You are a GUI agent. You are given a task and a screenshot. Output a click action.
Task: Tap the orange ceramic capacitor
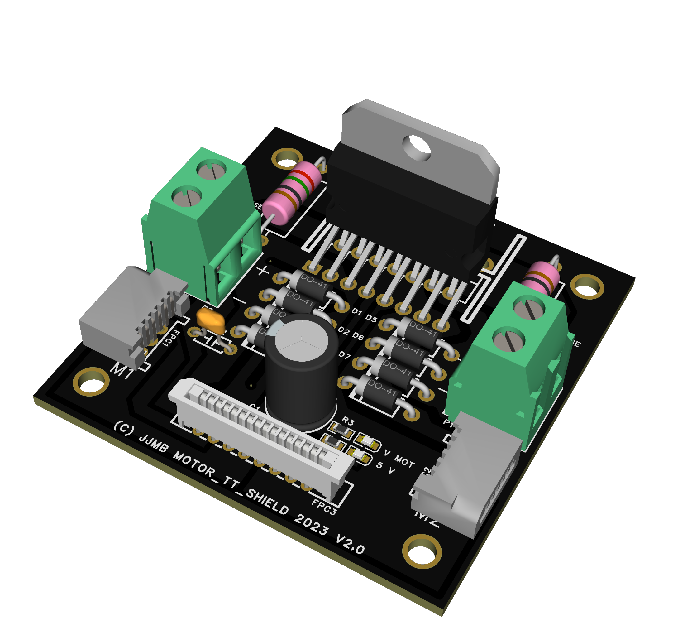[x=211, y=320]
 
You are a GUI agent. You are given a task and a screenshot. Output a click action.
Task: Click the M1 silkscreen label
[x=122, y=371]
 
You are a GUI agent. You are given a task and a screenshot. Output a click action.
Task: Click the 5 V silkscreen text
[x=386, y=468]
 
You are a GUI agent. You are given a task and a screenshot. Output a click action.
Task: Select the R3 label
[x=348, y=422]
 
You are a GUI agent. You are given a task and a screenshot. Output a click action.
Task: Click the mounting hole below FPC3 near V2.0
[x=422, y=552]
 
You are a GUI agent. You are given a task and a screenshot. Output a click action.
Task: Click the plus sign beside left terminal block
[x=263, y=271]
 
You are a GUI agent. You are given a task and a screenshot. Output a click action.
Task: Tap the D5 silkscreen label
[x=371, y=318]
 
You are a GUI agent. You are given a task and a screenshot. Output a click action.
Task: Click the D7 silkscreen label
[x=344, y=355]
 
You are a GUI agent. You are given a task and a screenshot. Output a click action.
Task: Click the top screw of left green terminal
[x=211, y=170]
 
